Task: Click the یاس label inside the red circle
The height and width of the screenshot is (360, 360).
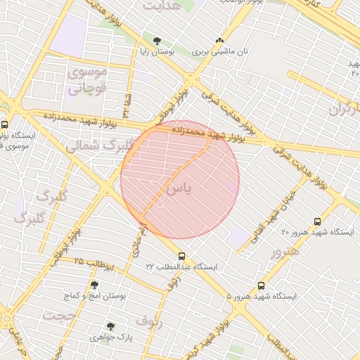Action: click(x=179, y=189)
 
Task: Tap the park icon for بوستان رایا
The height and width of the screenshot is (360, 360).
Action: click(x=157, y=41)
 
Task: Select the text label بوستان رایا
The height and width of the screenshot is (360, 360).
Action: click(x=154, y=52)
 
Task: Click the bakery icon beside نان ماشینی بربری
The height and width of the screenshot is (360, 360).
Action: click(x=220, y=41)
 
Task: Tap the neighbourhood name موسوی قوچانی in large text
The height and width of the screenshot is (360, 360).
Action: click(x=86, y=81)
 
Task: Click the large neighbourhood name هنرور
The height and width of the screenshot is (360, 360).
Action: click(x=285, y=251)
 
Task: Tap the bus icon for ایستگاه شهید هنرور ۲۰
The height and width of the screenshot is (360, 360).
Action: click(x=318, y=221)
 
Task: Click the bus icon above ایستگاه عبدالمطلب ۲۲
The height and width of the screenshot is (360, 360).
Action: click(x=182, y=256)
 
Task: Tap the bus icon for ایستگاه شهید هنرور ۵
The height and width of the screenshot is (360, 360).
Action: click(x=261, y=285)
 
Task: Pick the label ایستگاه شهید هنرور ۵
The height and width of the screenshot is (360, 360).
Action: click(x=262, y=297)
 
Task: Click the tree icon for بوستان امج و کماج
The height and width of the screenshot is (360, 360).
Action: click(x=94, y=285)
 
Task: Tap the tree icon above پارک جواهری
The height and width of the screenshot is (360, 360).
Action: click(x=110, y=326)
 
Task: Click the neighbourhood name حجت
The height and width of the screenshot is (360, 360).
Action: click(x=58, y=316)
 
